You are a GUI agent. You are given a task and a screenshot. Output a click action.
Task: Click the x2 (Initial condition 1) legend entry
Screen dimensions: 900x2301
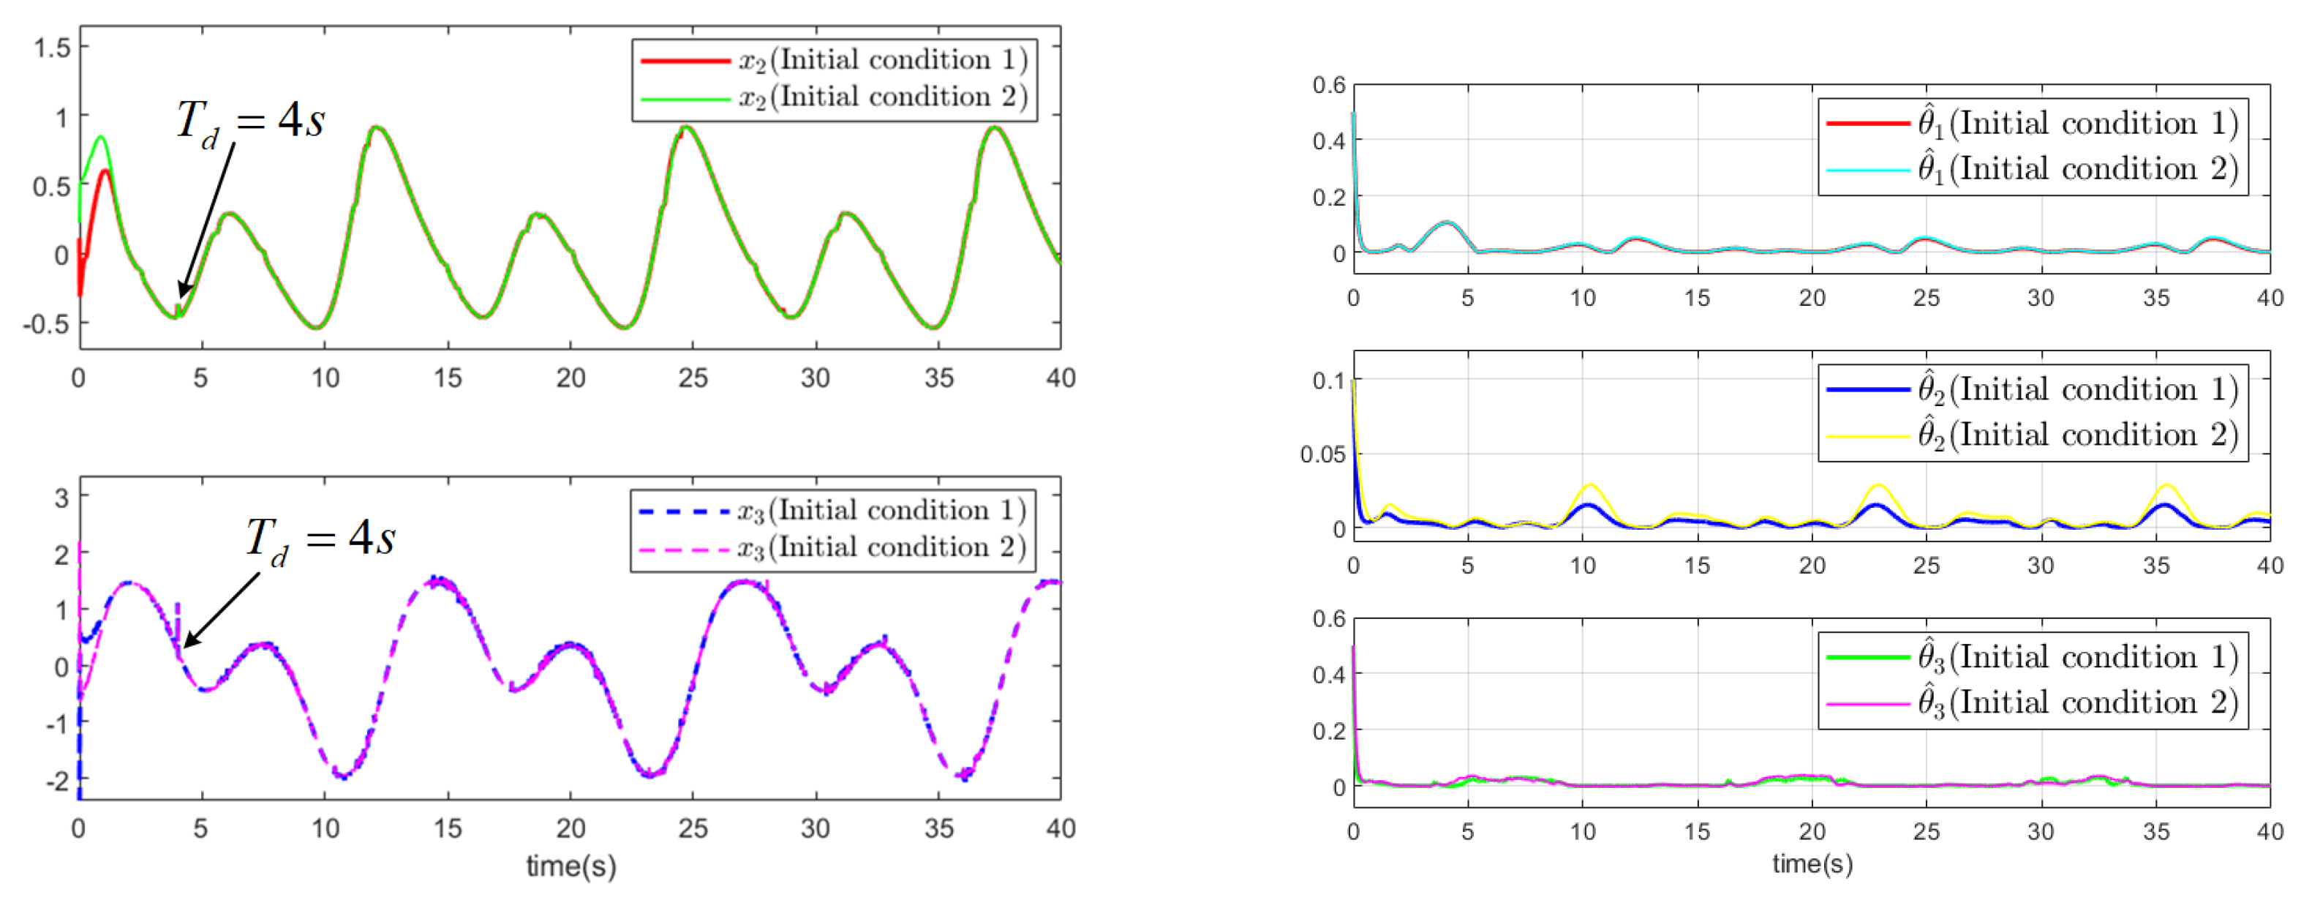[x=835, y=60]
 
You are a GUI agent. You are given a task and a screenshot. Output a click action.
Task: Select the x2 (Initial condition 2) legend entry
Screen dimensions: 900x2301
[x=835, y=97]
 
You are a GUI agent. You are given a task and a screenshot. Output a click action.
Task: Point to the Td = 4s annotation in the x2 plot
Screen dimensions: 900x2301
[x=250, y=121]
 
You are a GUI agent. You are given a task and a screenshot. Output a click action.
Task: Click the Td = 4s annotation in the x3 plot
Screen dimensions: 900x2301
[x=320, y=539]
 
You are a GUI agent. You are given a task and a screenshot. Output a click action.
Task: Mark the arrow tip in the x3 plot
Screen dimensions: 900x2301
[x=185, y=646]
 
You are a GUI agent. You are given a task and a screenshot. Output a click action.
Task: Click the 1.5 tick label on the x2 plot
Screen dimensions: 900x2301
[x=52, y=48]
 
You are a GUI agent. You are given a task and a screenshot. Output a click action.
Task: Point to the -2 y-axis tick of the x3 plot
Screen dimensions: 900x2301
[x=60, y=780]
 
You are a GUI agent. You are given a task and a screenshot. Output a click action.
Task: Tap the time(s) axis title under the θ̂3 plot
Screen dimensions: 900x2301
[x=1812, y=864]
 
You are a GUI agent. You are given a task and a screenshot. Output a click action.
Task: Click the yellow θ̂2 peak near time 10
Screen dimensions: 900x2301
[x=1589, y=485]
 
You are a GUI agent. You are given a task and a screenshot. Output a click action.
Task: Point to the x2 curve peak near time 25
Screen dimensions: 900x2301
[x=687, y=128]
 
